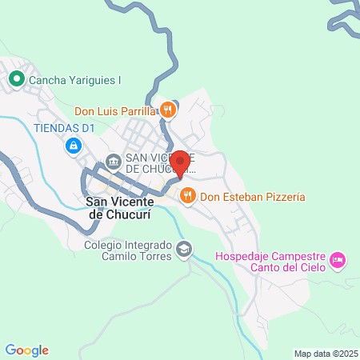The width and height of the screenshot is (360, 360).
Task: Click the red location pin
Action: (x=180, y=163)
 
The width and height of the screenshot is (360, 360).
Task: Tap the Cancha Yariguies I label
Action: (x=75, y=80)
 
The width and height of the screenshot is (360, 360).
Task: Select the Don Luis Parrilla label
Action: (x=115, y=110)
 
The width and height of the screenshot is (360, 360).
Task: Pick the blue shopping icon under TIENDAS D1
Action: (x=74, y=146)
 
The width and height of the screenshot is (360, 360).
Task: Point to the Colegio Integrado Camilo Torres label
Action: (x=128, y=250)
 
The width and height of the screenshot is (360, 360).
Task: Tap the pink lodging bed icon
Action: (x=339, y=259)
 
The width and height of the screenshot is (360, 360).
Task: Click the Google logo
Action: (x=26, y=350)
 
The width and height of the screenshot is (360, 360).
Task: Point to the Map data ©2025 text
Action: (x=324, y=353)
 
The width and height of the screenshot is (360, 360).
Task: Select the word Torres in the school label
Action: (x=154, y=256)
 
